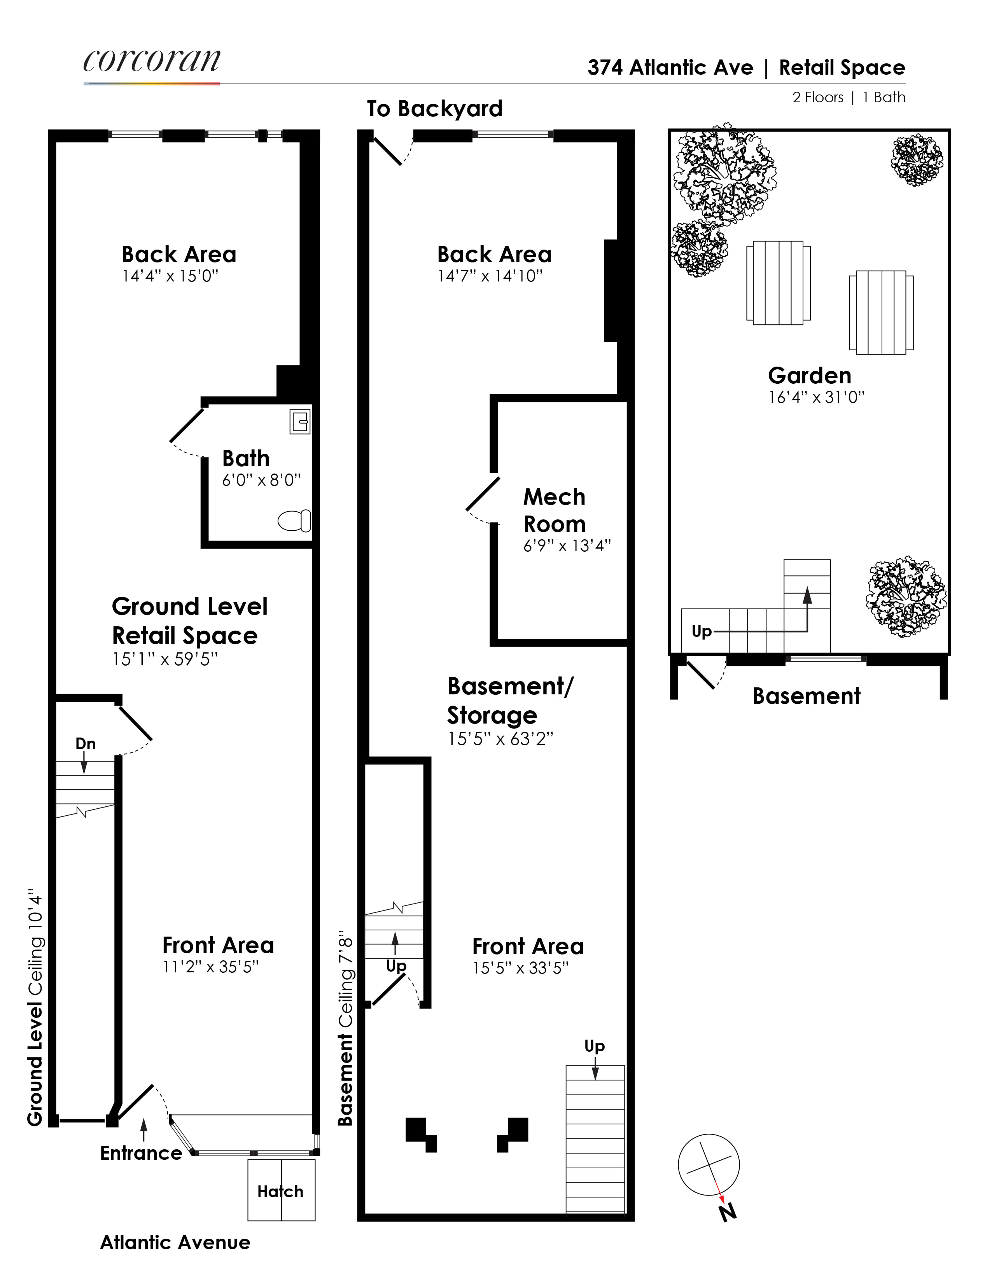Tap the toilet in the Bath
(294, 521)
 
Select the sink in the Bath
(300, 421)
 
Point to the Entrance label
(141, 1153)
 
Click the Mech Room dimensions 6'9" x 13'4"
(567, 546)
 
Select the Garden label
(809, 376)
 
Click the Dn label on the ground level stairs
(85, 744)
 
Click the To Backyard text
(434, 109)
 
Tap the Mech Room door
(483, 493)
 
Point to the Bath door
(187, 425)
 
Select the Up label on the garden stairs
(701, 631)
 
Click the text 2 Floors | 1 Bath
(848, 98)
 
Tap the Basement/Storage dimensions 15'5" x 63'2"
(500, 738)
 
